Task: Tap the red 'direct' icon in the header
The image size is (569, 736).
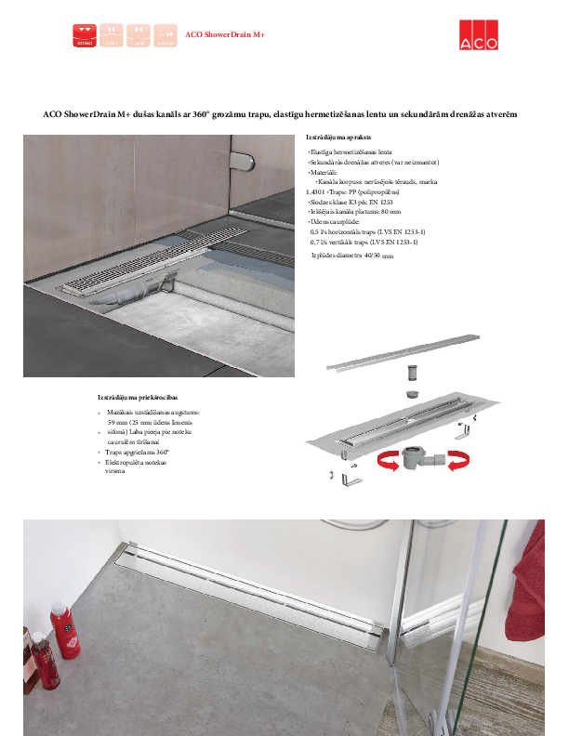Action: click(x=85, y=35)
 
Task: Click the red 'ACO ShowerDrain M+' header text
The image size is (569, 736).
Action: click(x=225, y=35)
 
